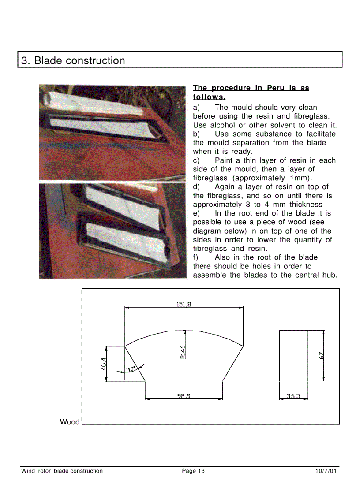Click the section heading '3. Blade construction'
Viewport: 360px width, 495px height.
(x=73, y=60)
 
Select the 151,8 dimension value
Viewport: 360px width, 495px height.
(x=184, y=304)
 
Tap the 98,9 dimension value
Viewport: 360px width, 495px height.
(x=184, y=396)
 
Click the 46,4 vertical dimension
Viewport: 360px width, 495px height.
(x=103, y=364)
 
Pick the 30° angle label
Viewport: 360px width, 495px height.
(x=131, y=369)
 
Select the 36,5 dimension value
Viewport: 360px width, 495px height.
(x=293, y=396)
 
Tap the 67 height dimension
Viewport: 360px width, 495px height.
(x=322, y=355)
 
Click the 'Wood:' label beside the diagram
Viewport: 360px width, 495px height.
(x=71, y=422)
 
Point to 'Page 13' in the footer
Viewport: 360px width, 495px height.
(x=193, y=471)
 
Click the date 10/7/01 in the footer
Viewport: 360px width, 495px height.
(x=326, y=471)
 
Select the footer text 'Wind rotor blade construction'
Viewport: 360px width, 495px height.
(x=62, y=471)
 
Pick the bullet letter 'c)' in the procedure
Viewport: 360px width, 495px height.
(x=197, y=160)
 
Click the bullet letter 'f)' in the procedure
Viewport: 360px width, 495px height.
(x=196, y=257)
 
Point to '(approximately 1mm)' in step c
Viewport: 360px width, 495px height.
(x=270, y=178)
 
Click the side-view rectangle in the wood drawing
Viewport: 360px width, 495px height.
(x=294, y=355)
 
